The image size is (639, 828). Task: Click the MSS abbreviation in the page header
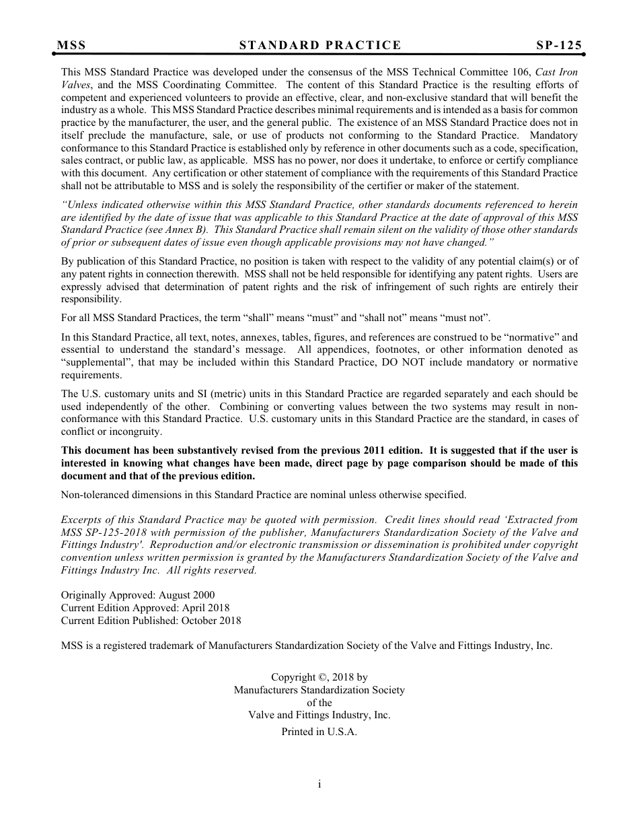71,45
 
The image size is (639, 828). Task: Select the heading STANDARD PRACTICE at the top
319,45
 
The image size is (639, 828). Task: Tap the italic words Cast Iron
558,72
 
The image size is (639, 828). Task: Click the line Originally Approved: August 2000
138,595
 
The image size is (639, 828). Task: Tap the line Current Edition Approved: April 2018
145,608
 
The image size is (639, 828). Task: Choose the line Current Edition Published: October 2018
151,621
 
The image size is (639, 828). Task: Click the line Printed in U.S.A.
319,732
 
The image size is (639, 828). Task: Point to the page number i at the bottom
319,784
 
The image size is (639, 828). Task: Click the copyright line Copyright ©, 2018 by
319,677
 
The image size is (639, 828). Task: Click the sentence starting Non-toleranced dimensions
263,495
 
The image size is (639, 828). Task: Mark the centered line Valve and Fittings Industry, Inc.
319,715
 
